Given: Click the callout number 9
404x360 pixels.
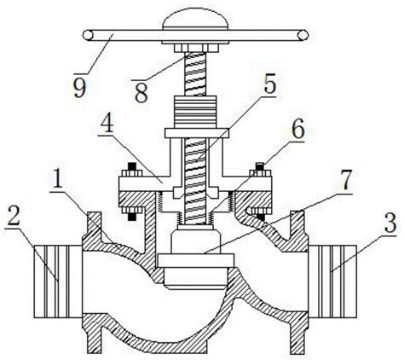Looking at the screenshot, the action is [79, 87].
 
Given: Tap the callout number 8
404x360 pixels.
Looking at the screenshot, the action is [141, 93].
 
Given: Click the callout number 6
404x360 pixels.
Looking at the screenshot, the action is [297, 130].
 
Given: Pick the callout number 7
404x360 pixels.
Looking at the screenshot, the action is [345, 181].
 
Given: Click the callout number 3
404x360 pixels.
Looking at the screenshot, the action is [390, 223].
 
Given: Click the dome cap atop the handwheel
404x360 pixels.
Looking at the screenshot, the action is [195, 19].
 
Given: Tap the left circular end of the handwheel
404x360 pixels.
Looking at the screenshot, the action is [88, 35].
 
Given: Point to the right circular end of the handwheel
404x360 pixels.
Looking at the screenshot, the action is [303, 35].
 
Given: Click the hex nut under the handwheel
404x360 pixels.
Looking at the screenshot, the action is [196, 48].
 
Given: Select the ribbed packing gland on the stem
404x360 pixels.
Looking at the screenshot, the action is [195, 112].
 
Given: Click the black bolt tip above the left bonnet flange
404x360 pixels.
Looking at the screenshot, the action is [131, 166].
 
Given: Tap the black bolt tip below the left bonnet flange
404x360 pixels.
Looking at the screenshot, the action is [131, 217].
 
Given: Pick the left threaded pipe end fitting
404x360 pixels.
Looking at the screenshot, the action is [58, 282].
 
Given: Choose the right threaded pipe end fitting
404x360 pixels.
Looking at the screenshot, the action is [332, 282].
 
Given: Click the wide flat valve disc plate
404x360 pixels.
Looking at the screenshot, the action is [196, 260].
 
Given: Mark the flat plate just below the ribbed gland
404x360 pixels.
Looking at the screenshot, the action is [197, 133].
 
